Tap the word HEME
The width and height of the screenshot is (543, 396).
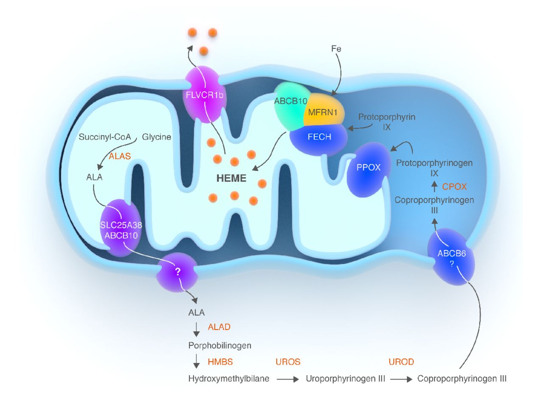(x=231, y=178)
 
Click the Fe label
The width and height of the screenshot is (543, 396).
(x=336, y=50)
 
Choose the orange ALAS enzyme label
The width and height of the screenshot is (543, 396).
(x=119, y=156)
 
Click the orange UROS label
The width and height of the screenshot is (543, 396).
(x=288, y=362)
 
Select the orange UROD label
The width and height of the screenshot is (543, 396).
(x=401, y=362)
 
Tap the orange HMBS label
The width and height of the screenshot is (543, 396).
(x=221, y=362)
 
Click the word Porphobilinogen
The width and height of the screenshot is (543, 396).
(x=220, y=346)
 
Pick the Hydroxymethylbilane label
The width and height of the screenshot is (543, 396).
(x=229, y=379)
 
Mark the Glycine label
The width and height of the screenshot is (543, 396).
(x=157, y=137)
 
